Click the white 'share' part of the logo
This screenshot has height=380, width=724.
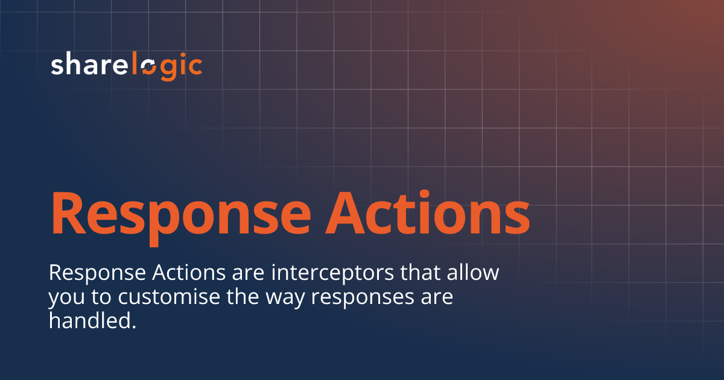(x=91, y=65)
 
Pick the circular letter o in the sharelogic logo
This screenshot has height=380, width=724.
(x=148, y=67)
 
